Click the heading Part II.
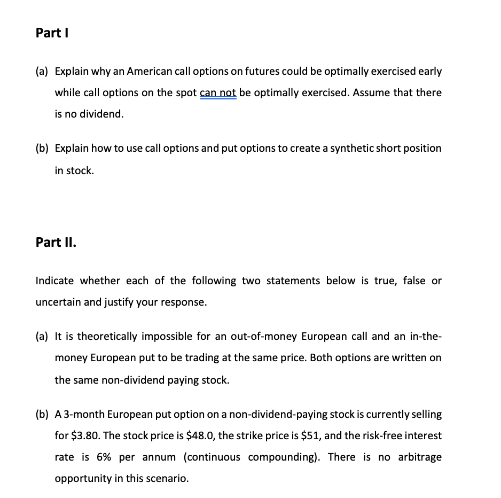pos(56,242)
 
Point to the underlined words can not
pos(218,93)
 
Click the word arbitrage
pos(420,457)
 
